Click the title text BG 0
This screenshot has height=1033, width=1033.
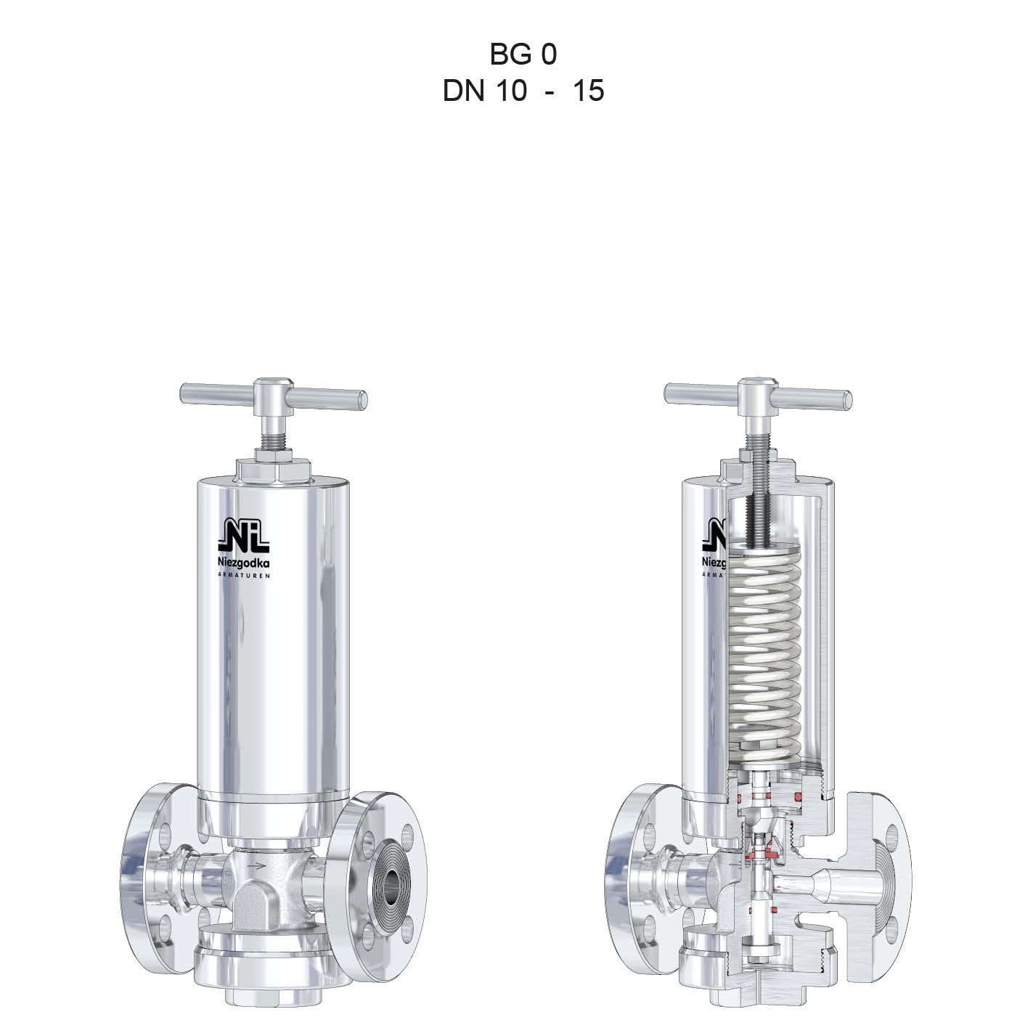tap(523, 54)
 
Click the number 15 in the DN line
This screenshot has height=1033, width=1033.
tap(589, 90)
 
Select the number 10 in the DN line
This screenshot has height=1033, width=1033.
tap(511, 90)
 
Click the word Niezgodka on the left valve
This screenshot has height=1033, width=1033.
tap(244, 563)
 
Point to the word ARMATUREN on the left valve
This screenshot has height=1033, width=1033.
tap(244, 576)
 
